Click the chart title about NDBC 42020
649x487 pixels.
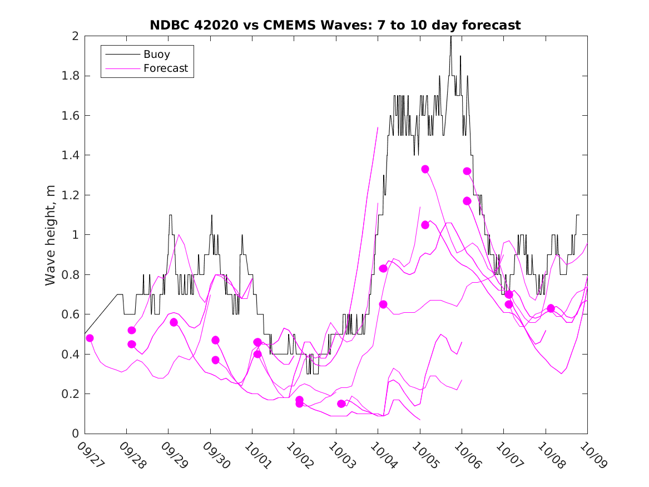(x=335, y=25)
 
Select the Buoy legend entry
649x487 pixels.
(x=157, y=55)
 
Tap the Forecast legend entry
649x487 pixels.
(x=166, y=69)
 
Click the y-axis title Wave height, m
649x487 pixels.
(x=51, y=235)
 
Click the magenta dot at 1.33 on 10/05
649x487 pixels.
(x=425, y=169)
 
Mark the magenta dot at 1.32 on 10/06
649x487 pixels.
(x=467, y=171)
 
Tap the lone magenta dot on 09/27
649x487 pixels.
(x=90, y=338)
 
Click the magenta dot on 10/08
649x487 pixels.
(x=551, y=308)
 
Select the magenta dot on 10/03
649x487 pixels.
(x=341, y=404)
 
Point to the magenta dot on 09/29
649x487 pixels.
(x=174, y=322)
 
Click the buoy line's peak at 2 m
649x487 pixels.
(x=450, y=37)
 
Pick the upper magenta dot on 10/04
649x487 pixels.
(x=383, y=268)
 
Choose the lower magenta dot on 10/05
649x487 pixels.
(x=425, y=225)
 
